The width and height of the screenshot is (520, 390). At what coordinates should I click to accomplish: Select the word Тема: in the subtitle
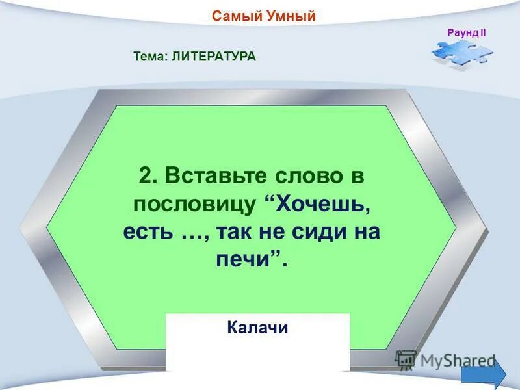click(151, 57)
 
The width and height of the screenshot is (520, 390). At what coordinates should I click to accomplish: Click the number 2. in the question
click(148, 175)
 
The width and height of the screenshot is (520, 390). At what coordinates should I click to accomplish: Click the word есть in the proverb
click(148, 232)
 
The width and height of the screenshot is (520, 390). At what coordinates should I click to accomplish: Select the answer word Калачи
click(257, 328)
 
